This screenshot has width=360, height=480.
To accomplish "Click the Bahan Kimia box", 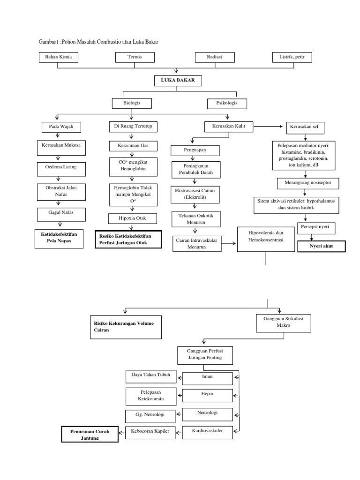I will point(58,57).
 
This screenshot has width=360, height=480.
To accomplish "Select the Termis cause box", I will point(135,57).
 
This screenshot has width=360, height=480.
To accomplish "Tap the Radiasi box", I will point(214,57).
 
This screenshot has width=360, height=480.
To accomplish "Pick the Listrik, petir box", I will point(292,57).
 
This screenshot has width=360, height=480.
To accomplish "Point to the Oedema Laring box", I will point(59,166).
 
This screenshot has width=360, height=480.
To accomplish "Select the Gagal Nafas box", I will point(59,212).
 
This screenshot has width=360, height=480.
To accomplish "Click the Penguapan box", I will point(195,150).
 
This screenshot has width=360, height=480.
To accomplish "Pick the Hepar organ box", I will point(207,394).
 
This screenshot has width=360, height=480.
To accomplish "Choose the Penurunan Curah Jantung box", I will point(90,435).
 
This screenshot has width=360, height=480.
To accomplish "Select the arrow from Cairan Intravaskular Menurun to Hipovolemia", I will point(229,243).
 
